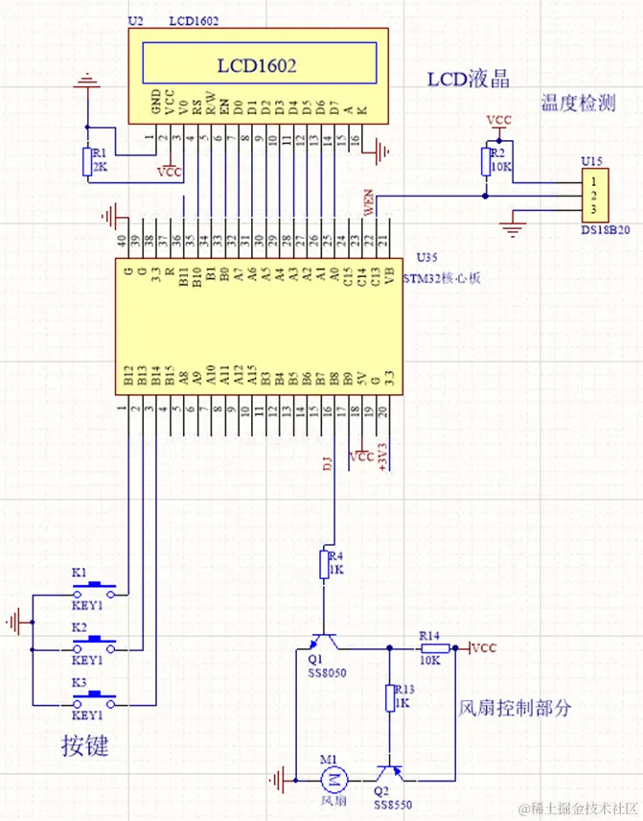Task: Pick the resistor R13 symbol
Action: (x=391, y=697)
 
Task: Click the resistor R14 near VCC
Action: (x=428, y=648)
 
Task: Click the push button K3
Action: (x=95, y=699)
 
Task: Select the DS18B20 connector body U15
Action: (x=594, y=196)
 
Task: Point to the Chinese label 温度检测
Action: (x=577, y=104)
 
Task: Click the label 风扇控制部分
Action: (x=516, y=708)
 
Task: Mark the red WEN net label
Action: (x=367, y=201)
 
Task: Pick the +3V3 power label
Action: (x=383, y=454)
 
